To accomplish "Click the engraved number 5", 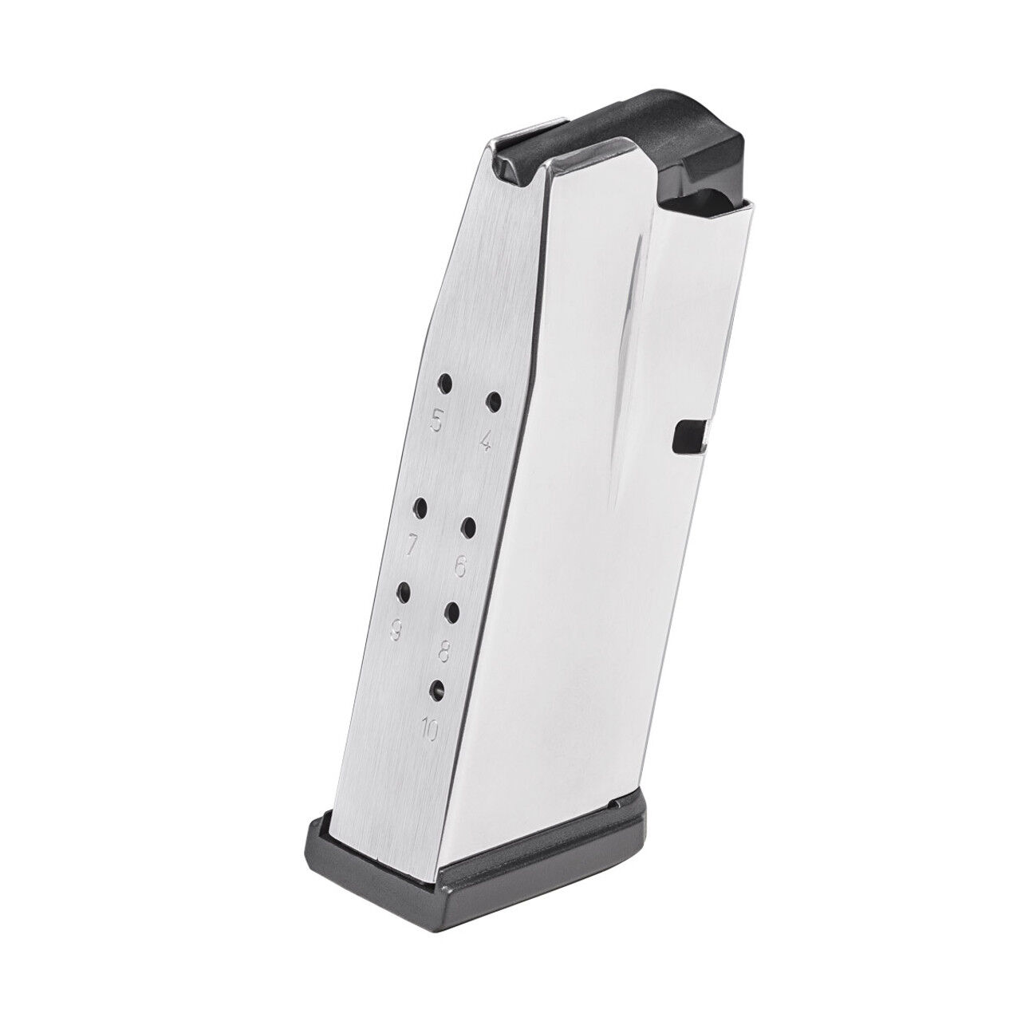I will [436, 420].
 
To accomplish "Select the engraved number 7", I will [412, 546].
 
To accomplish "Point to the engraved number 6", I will [459, 566].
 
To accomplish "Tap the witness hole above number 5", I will [444, 382].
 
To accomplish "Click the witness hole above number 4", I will [494, 400].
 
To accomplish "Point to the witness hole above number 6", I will [469, 526].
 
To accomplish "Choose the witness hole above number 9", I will [404, 591].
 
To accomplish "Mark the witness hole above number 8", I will [453, 611].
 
